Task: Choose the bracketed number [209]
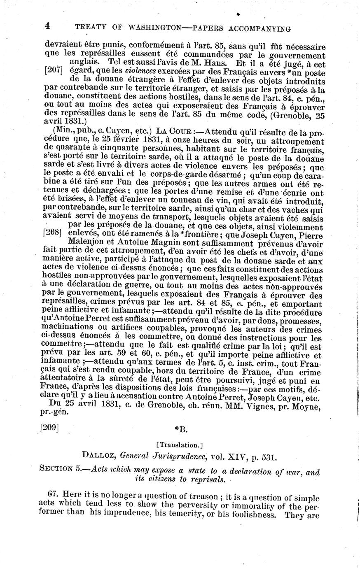(49, 428)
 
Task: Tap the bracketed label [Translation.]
(180, 445)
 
